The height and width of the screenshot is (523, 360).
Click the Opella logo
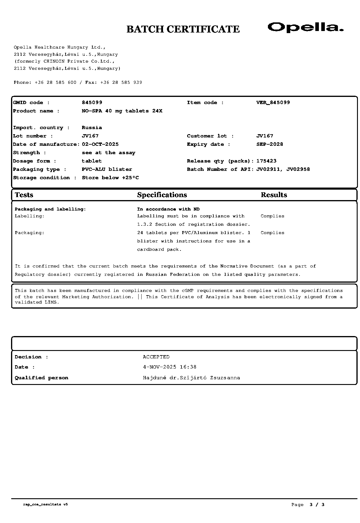[305, 27]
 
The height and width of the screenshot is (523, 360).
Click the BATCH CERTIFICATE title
[183, 29]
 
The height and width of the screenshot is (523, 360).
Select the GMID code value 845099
[92, 103]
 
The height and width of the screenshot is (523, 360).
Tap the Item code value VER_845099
[273, 103]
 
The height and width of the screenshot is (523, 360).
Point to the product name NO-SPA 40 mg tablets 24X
[122, 111]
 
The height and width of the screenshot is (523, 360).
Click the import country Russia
[92, 128]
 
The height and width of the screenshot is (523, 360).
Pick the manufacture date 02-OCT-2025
[100, 144]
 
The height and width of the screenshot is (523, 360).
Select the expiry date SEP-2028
[270, 144]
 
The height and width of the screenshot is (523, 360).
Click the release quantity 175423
[266, 161]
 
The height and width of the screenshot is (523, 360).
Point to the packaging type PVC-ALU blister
[107, 169]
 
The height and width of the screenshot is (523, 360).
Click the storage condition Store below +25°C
[110, 178]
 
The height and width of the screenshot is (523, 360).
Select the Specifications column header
[162, 195]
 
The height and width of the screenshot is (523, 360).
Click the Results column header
[274, 195]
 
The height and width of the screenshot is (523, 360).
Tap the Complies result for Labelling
[272, 216]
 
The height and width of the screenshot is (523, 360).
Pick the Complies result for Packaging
[272, 233]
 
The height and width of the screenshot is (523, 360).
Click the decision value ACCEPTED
[156, 357]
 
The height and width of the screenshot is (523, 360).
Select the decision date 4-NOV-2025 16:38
[170, 367]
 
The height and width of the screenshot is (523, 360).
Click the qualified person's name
[191, 378]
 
